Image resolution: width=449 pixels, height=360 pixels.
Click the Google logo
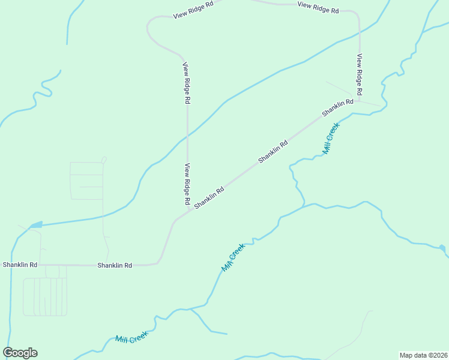[20, 353]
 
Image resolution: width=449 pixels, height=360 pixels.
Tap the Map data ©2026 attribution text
[423, 355]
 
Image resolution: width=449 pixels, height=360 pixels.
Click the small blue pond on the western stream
[36, 225]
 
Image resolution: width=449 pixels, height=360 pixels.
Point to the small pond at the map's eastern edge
[442, 247]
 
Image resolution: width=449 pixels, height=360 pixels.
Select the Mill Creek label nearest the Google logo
[131, 338]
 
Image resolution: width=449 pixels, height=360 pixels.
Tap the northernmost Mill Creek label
[331, 139]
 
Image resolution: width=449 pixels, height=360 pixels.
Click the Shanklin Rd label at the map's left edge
[20, 265]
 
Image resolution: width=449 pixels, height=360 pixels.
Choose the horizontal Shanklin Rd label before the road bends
[115, 265]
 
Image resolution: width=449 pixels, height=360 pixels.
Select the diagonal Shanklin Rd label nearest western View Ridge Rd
[209, 197]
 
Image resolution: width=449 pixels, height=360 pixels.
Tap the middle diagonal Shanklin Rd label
[273, 152]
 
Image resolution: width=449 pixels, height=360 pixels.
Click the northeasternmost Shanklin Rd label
[337, 108]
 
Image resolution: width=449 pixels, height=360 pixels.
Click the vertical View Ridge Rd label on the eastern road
[360, 75]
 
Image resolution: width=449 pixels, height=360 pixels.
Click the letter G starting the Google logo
[8, 353]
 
